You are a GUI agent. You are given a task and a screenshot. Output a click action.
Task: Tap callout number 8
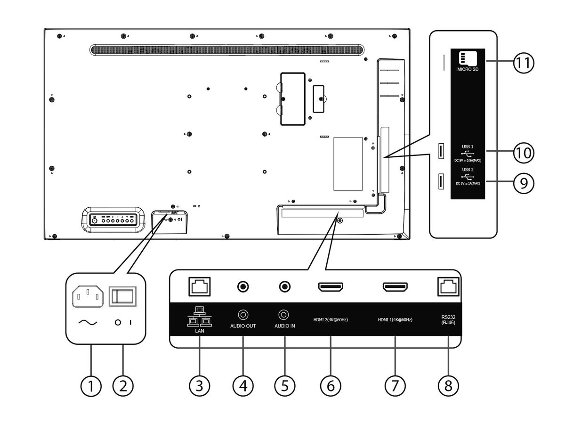coord(448,386)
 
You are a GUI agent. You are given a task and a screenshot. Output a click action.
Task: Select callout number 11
coord(524,63)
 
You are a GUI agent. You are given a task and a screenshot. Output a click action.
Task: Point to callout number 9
coord(524,182)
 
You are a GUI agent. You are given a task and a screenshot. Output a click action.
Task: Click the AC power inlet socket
coord(87,297)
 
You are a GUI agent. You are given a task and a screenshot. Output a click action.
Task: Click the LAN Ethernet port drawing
coord(199,285)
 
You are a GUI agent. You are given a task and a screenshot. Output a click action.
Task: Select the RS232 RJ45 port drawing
coord(448,285)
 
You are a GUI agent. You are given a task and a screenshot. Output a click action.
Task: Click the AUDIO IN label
coord(284,326)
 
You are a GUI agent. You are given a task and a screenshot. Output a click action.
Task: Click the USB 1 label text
coord(468,147)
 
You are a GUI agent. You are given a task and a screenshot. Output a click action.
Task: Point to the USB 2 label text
coord(468,170)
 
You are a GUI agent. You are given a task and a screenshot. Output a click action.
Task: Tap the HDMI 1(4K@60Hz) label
coord(395,320)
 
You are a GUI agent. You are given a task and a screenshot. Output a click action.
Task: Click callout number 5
coord(284,386)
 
